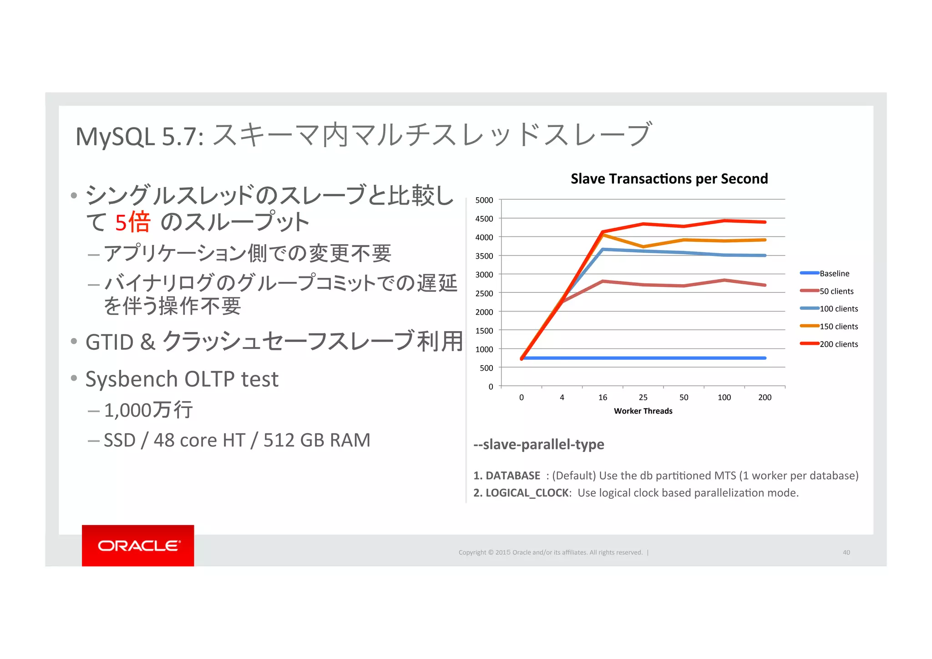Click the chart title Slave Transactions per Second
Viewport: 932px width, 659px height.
669,179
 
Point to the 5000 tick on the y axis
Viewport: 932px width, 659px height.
484,200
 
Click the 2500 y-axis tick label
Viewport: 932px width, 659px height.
484,293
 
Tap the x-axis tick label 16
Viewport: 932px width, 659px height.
603,398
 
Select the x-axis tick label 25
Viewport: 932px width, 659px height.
643,398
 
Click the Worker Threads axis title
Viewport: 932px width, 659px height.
643,411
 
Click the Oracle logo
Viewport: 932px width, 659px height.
138,546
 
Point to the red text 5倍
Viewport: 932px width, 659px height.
132,223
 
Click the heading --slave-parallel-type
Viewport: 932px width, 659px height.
539,444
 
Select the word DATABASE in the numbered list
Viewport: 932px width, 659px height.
513,475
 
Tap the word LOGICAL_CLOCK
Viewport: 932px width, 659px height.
527,493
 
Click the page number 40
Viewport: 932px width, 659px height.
846,552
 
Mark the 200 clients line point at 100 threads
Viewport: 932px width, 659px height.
724,221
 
